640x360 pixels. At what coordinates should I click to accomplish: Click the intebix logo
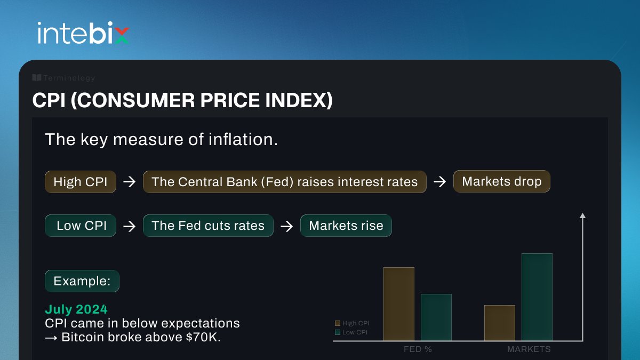[x=83, y=33]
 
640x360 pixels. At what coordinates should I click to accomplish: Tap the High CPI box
[x=81, y=182]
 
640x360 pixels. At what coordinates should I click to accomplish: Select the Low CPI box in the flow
[x=81, y=226]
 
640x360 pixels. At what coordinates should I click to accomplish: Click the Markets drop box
[x=501, y=181]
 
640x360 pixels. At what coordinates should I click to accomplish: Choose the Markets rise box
[x=346, y=226]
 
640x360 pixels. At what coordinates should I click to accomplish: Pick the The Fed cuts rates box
[x=208, y=226]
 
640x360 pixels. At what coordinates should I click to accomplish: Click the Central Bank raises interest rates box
[x=284, y=182]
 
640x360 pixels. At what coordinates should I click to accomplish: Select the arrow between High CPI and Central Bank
[x=129, y=182]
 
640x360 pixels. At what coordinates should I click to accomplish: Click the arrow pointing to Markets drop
[x=439, y=182]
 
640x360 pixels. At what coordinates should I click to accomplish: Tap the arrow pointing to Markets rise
[x=287, y=226]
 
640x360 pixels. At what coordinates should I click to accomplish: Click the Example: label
[x=82, y=281]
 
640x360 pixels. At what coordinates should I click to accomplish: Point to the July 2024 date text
[x=76, y=309]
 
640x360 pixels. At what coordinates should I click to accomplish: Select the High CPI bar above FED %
[x=398, y=303]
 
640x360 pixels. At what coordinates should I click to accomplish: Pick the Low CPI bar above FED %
[x=436, y=317]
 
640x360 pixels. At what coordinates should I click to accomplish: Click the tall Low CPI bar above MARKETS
[x=537, y=297]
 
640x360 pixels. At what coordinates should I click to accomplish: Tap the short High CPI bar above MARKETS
[x=499, y=323]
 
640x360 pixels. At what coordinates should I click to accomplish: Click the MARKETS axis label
[x=529, y=349]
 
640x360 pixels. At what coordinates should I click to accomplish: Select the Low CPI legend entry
[x=351, y=332]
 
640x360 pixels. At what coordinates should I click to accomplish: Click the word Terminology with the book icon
[x=63, y=78]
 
